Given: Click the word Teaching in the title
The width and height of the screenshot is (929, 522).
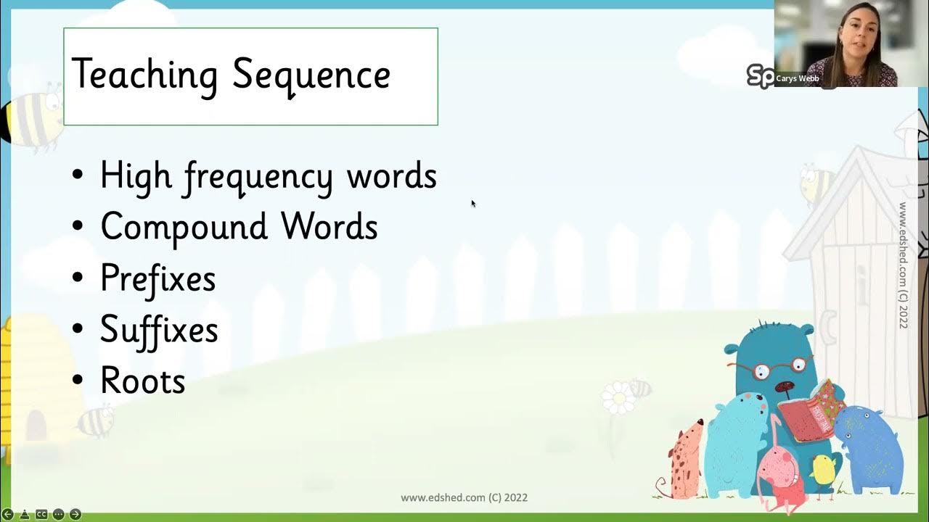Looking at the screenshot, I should click(144, 75).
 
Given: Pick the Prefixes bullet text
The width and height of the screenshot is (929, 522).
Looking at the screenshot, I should click(157, 278).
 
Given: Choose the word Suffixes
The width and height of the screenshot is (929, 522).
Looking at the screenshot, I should click(159, 330).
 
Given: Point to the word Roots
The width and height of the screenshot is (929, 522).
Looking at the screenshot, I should click(143, 381).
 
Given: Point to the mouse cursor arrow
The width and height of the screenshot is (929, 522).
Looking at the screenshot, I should click(473, 204).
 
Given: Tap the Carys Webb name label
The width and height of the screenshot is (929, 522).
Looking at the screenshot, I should click(797, 78).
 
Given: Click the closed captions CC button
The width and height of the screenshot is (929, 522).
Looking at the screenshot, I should click(41, 514).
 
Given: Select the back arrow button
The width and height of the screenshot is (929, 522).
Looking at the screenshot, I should click(8, 514).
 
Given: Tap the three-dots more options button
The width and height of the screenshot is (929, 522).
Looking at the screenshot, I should click(58, 514).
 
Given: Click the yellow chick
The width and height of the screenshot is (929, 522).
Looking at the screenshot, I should click(824, 471).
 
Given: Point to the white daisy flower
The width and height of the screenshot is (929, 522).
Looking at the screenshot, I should click(618, 398).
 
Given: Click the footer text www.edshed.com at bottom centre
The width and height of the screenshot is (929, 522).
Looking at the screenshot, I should click(464, 498).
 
